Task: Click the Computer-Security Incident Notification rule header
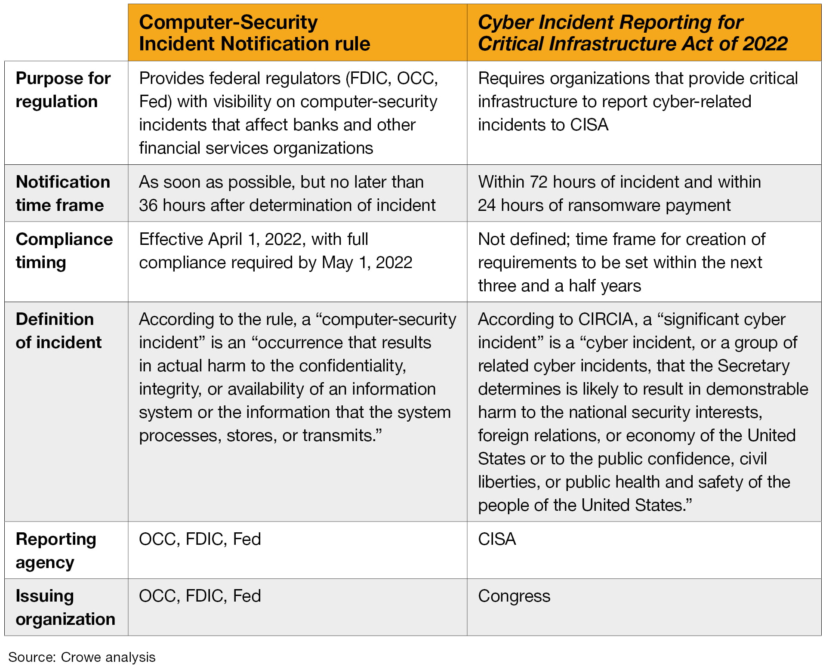pyautogui.click(x=254, y=33)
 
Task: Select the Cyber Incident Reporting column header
pyautogui.click(x=632, y=33)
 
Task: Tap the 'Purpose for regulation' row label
pyautogui.click(x=63, y=90)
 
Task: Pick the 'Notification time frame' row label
pyautogui.click(x=63, y=193)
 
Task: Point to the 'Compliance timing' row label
pyautogui.click(x=64, y=250)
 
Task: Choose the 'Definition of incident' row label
pyautogui.click(x=59, y=330)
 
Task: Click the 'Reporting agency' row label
pyautogui.click(x=56, y=550)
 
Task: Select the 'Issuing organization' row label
pyautogui.click(x=65, y=607)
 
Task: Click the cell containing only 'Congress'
pyautogui.click(x=514, y=596)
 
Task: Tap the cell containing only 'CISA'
pyautogui.click(x=497, y=539)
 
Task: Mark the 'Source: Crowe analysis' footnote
pyautogui.click(x=82, y=657)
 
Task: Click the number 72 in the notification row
pyautogui.click(x=539, y=182)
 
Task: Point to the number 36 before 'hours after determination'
pyautogui.click(x=148, y=205)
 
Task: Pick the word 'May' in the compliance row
pyautogui.click(x=337, y=262)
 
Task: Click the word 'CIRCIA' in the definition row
pyautogui.click(x=606, y=319)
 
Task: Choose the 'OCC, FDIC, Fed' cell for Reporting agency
pyautogui.click(x=200, y=539)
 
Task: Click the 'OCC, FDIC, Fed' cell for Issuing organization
pyautogui.click(x=200, y=596)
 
